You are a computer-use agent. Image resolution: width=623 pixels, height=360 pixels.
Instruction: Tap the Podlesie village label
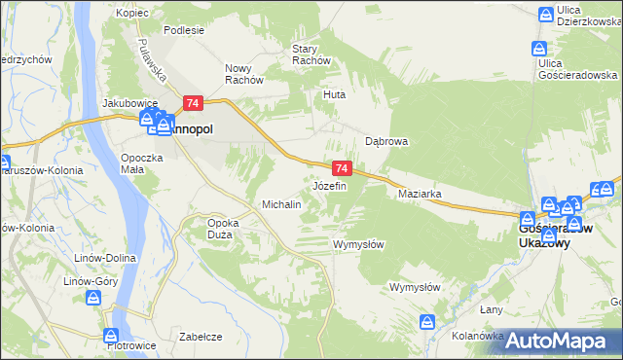pos(184,30)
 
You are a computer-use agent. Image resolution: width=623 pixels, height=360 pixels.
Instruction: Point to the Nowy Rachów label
pos(244,74)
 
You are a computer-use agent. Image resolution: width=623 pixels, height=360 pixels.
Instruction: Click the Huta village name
pos(335,95)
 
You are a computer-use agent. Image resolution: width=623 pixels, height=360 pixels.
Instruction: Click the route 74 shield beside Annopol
pos(193,103)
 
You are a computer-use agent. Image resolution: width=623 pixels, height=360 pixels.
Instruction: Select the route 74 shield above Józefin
pos(340,168)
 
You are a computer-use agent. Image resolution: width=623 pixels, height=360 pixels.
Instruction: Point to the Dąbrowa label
pos(385,141)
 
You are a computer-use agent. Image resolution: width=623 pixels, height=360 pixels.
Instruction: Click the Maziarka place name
pos(421,195)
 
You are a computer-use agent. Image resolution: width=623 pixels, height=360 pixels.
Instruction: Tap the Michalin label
pos(281,205)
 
